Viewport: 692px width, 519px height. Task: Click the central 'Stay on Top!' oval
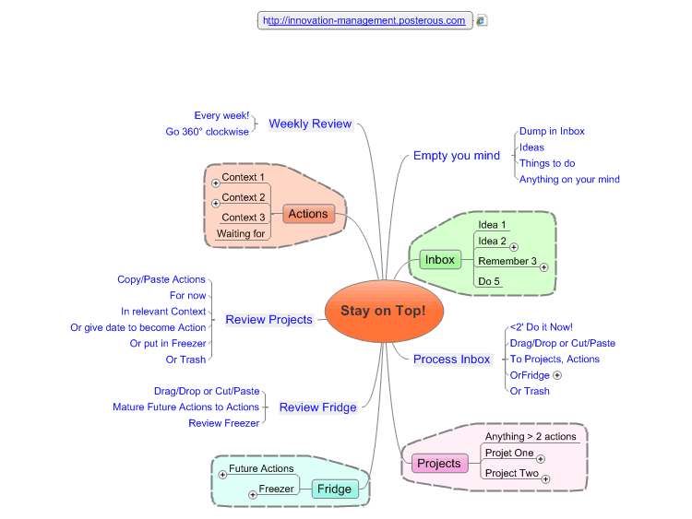coord(383,311)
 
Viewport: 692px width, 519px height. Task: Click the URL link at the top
coord(364,20)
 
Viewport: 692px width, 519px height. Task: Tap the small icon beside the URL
coord(482,20)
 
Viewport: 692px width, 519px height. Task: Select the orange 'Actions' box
coord(307,214)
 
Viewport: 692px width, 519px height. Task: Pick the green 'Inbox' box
coord(439,260)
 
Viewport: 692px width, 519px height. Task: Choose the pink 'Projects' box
coord(438,463)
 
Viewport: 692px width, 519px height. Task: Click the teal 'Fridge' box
coord(335,489)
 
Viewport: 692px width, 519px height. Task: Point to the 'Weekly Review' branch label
coord(310,124)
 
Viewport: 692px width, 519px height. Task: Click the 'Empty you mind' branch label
coord(456,156)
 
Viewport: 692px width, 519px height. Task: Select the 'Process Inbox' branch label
coord(451,359)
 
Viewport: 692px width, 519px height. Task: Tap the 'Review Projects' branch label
coord(268,320)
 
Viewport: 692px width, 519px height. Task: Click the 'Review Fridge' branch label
coord(317,407)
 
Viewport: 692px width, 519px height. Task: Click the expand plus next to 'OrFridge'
coord(557,376)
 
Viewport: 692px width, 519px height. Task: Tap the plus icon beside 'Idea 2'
coord(514,247)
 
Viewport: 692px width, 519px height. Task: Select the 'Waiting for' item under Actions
coord(241,234)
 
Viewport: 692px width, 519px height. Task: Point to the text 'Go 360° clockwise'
coord(208,132)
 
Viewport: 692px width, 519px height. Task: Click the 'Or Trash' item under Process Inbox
coord(530,391)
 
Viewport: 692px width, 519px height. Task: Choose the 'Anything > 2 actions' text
coord(531,437)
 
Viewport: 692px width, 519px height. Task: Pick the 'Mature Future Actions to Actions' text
coord(185,407)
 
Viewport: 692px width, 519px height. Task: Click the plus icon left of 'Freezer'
coord(252,495)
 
